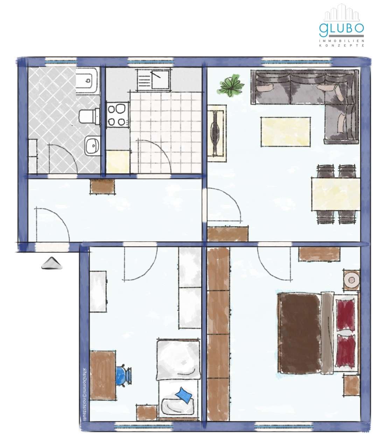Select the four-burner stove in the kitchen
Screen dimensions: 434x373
(117, 115)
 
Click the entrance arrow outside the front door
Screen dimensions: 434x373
(52, 263)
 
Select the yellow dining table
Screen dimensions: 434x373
(335, 194)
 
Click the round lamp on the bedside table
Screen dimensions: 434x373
(351, 280)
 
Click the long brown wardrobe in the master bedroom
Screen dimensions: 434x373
(218, 333)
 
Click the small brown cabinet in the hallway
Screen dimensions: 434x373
(103, 186)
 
